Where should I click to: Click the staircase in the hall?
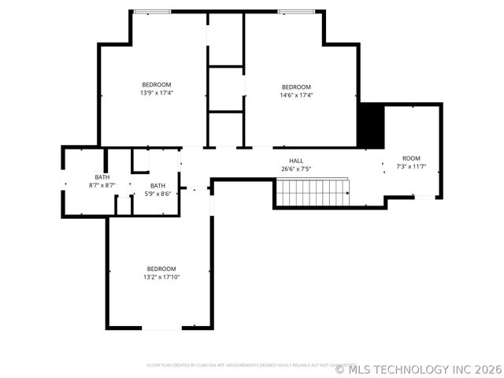[x=312, y=192]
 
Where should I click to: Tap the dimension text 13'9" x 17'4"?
[x=156, y=93]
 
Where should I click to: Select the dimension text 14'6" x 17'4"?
[x=297, y=95]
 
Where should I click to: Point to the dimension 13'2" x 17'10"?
[x=161, y=276]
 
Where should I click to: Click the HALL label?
[x=296, y=161]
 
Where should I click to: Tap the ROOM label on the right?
[x=411, y=158]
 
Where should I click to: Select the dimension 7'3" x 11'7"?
[x=411, y=166]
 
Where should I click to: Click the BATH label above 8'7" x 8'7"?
[x=102, y=177]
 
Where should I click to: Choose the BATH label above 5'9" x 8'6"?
[x=158, y=185]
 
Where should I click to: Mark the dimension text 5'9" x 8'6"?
[x=158, y=193]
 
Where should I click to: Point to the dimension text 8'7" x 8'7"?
[x=102, y=185]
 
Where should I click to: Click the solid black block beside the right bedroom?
[x=370, y=126]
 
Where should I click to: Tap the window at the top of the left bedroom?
[x=146, y=11]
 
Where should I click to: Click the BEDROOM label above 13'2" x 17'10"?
[x=161, y=269]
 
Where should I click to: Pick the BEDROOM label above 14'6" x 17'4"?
[x=297, y=87]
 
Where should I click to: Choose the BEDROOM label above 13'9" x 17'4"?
[x=156, y=84]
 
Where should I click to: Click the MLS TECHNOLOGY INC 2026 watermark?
[x=419, y=369]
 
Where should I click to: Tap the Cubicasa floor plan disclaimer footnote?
[x=246, y=365]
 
